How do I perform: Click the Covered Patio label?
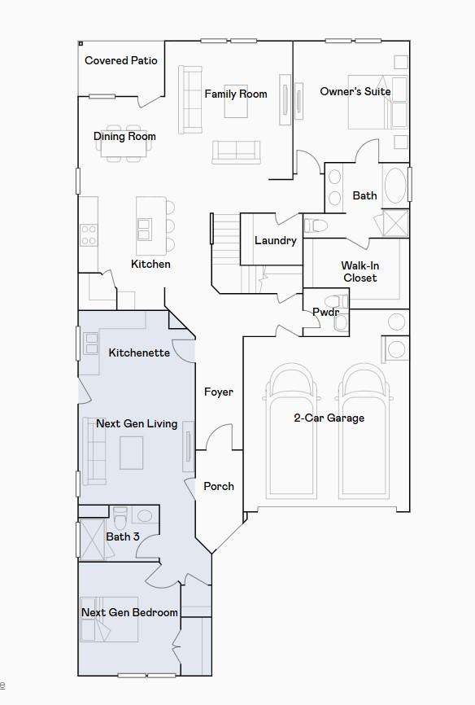tap(121, 60)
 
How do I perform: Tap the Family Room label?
tap(236, 94)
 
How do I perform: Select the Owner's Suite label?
tap(355, 91)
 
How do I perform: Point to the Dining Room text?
tap(124, 136)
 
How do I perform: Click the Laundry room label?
tap(275, 240)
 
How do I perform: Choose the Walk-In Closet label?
tap(360, 272)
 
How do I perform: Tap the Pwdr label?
tap(325, 312)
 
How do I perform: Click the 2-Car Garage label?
tap(329, 418)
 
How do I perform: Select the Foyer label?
tap(218, 392)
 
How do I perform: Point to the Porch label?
tap(218, 486)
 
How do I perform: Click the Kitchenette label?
tap(139, 352)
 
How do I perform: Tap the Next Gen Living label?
tap(137, 423)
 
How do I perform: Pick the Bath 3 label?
tap(123, 536)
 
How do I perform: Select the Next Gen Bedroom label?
tap(129, 612)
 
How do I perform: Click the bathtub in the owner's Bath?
tap(395, 186)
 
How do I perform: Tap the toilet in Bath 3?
tap(121, 517)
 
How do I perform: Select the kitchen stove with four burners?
tap(88, 235)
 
